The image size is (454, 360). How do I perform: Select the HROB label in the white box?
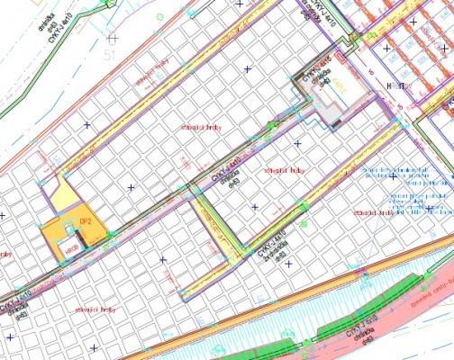(x=394, y=85)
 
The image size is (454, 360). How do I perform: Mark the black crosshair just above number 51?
(x=112, y=38)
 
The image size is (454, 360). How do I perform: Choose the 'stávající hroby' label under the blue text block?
(x=377, y=212)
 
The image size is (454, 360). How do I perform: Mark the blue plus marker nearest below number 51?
(x=87, y=124)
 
